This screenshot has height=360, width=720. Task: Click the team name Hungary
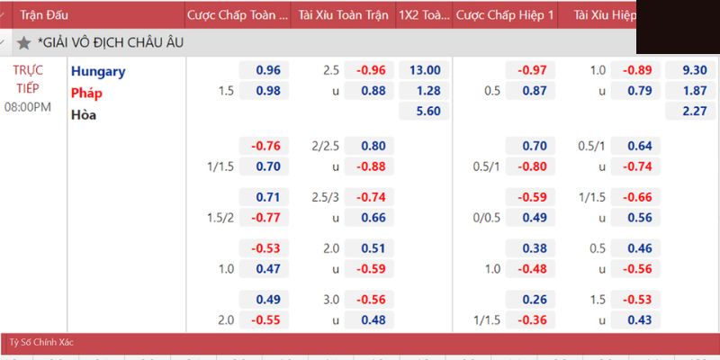(98, 71)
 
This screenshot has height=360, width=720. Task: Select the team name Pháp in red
(87, 93)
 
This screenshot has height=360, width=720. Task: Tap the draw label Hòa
(84, 114)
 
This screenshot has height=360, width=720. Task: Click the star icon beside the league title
(24, 42)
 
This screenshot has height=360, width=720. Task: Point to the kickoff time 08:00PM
(29, 107)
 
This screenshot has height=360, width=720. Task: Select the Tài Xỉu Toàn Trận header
(344, 15)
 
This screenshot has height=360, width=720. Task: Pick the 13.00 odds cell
(425, 70)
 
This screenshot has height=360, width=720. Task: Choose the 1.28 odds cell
(425, 91)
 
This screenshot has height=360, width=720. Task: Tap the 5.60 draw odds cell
(425, 112)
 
